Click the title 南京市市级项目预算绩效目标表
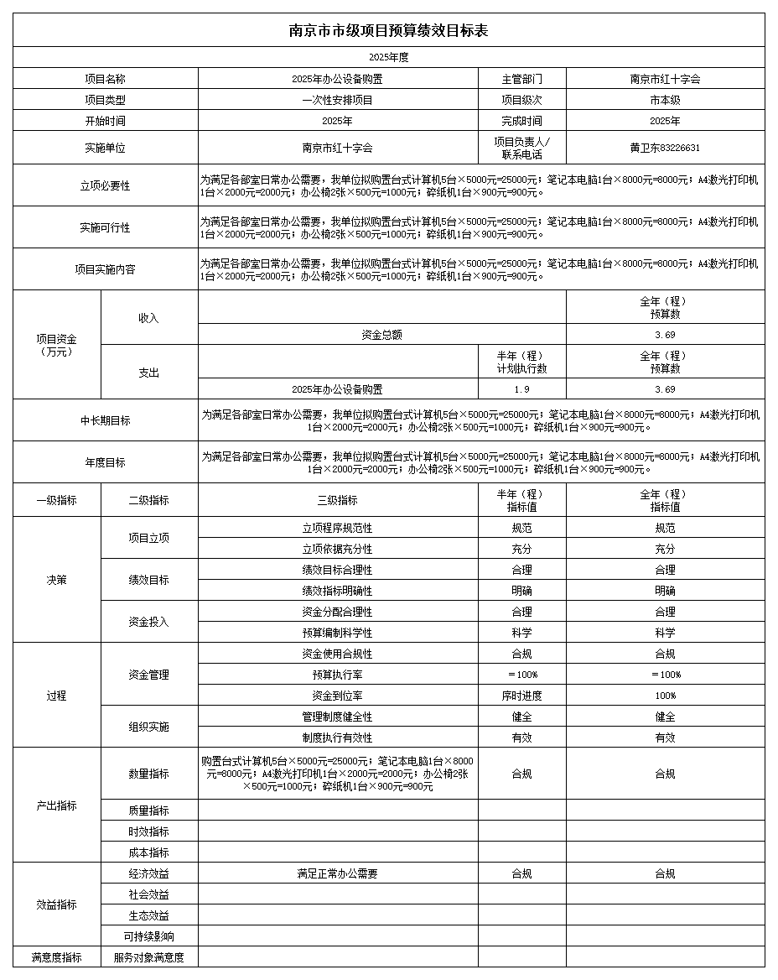tap(388, 30)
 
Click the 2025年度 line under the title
tap(388, 58)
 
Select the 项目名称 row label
tap(105, 79)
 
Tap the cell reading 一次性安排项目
tap(337, 100)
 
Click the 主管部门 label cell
tap(521, 79)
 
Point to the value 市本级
tap(665, 100)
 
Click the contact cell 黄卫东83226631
tap(665, 148)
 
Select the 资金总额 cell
tap(381, 335)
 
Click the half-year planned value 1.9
tap(521, 389)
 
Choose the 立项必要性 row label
tap(105, 185)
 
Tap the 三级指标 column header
tap(337, 500)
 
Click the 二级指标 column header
tap(148, 500)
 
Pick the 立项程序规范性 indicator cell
tap(337, 529)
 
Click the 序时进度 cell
tap(521, 696)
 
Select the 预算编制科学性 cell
tap(337, 633)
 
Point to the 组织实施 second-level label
tap(148, 727)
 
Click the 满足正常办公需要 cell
tap(337, 873)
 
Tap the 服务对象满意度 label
tap(148, 957)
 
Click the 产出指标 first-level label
tap(56, 805)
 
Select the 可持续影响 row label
tap(148, 936)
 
